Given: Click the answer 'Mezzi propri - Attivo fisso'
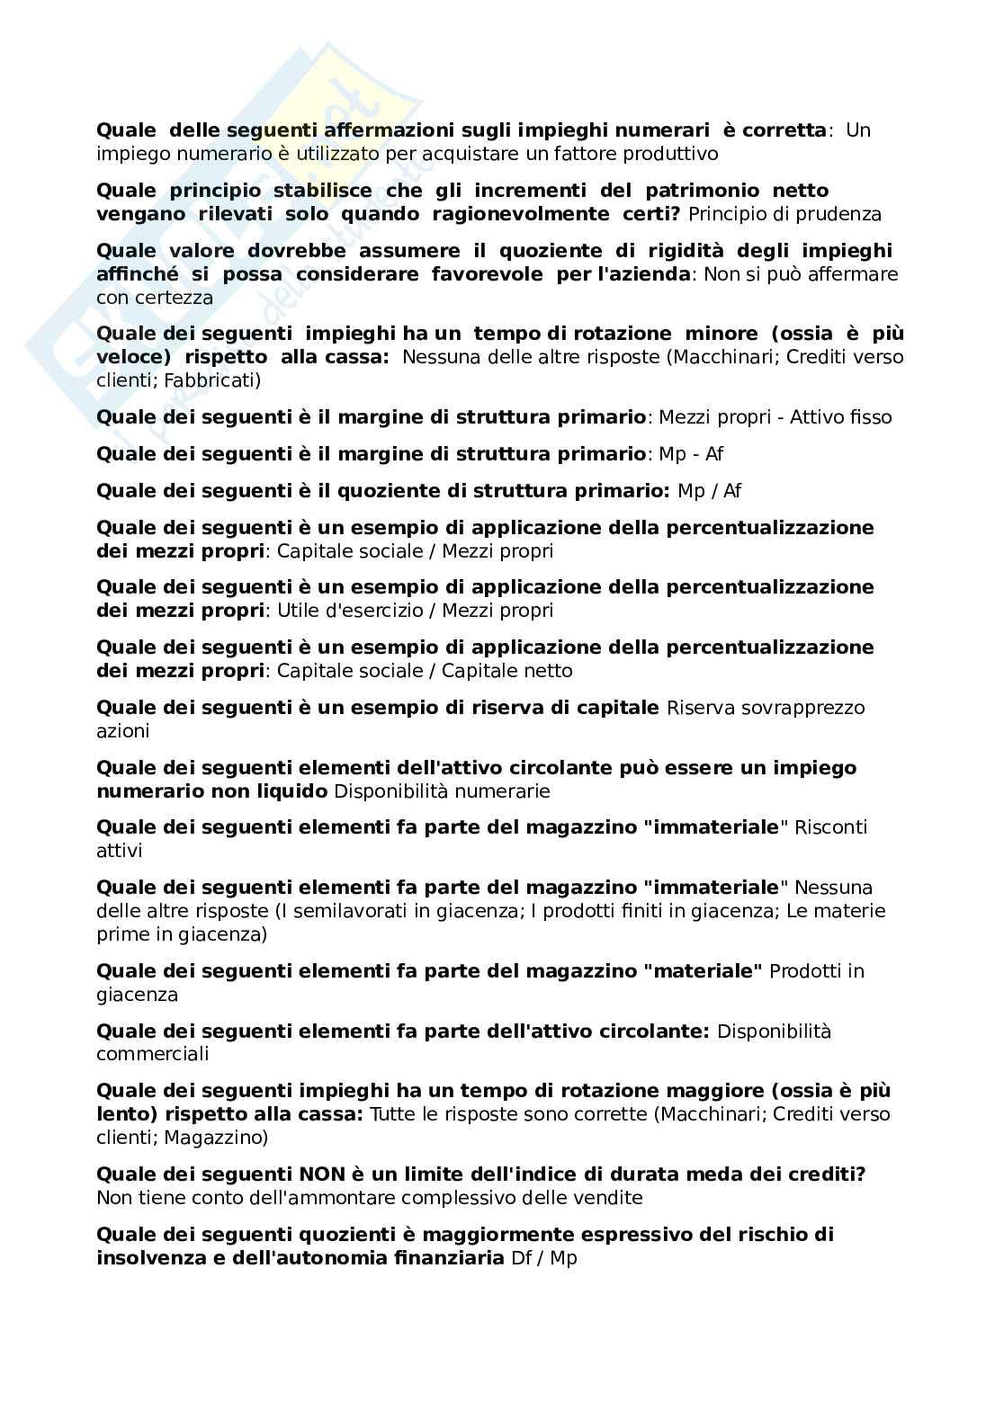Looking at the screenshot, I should pyautogui.click(x=775, y=417).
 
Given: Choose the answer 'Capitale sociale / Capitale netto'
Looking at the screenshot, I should pyautogui.click(x=425, y=671).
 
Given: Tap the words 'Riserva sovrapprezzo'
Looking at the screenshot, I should pyautogui.click(x=766, y=708).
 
